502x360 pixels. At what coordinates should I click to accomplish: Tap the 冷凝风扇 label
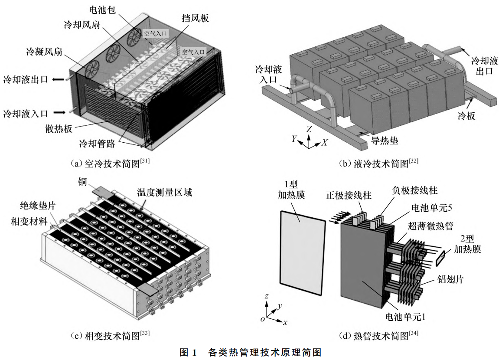[44, 52]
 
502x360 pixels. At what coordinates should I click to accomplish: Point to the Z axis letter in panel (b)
[309, 129]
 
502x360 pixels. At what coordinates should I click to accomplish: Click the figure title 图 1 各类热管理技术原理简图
[251, 352]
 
